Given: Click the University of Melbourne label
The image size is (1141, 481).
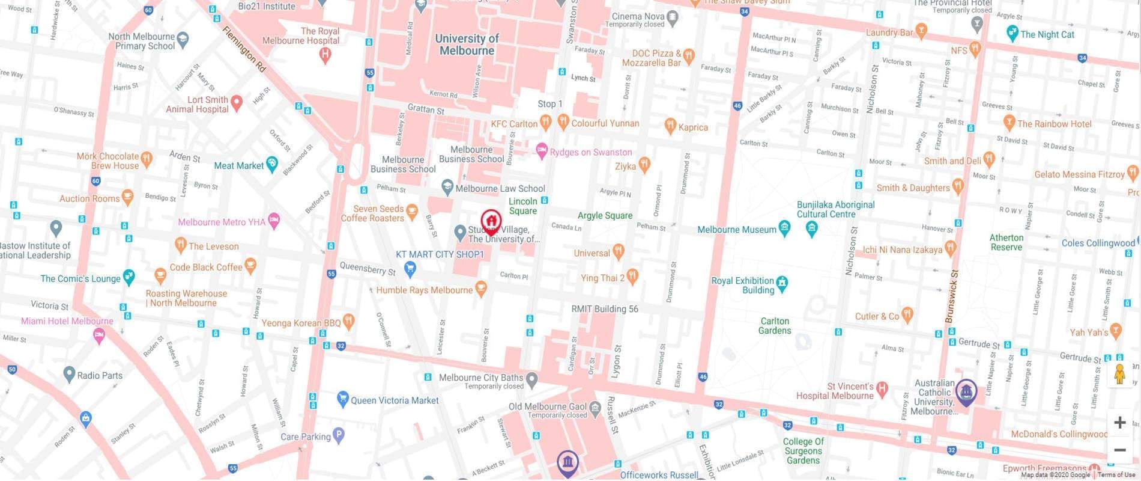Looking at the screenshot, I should coord(467,44).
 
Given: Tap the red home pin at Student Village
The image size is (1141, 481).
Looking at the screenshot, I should coord(491,221).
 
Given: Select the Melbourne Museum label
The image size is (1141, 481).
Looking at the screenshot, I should coord(737,230).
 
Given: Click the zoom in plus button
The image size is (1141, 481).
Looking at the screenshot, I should coord(1119,423).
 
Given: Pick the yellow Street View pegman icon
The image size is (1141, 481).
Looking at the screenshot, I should coord(1119,375).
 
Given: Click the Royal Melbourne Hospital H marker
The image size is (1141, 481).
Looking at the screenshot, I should coord(325,55).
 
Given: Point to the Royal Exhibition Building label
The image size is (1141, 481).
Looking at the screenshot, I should coord(742,285).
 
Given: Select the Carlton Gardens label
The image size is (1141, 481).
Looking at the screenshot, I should coord(774,326).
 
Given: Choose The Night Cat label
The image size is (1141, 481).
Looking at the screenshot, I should coord(1047,34).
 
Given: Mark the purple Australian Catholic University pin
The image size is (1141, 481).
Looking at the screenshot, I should coord(965,392).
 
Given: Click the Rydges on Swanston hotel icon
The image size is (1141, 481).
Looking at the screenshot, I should coord(542,150).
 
